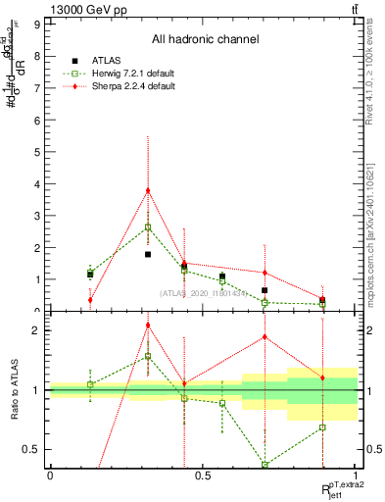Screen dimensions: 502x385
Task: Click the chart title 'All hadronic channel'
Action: pos(205,40)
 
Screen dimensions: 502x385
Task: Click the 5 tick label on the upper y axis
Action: pos(38,152)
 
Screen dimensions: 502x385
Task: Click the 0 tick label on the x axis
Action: pos(50,475)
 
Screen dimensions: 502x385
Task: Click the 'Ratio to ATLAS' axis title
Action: pos(13,390)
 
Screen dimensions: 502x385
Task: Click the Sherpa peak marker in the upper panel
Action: pos(148,190)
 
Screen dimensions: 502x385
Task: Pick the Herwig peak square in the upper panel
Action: pos(148,226)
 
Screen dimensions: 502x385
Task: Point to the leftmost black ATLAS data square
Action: pos(90,275)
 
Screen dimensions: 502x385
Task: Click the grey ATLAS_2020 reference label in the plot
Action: pos(203,293)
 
